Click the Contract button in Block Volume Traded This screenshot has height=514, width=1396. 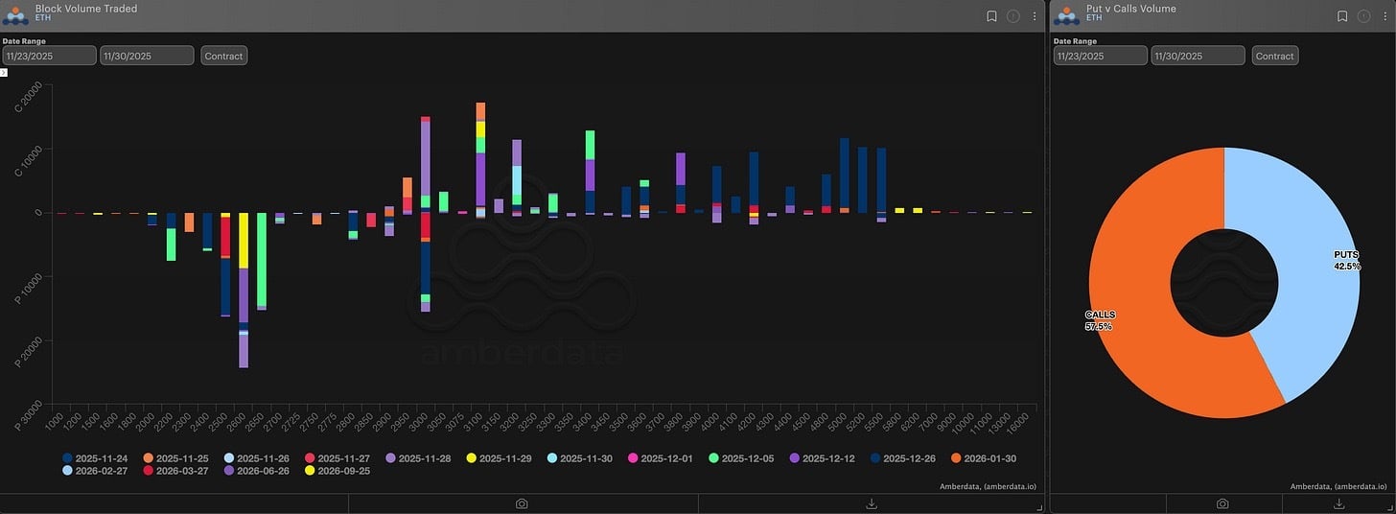click(x=223, y=56)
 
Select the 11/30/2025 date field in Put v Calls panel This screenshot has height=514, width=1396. click(x=1197, y=56)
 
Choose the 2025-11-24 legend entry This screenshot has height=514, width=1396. click(x=94, y=458)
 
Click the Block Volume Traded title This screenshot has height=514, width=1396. click(x=86, y=9)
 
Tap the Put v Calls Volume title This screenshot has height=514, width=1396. click(x=1131, y=9)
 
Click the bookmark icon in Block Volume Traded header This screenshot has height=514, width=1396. click(x=992, y=15)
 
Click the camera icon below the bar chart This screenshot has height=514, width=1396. click(x=522, y=503)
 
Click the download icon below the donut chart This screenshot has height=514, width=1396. click(x=1339, y=503)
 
